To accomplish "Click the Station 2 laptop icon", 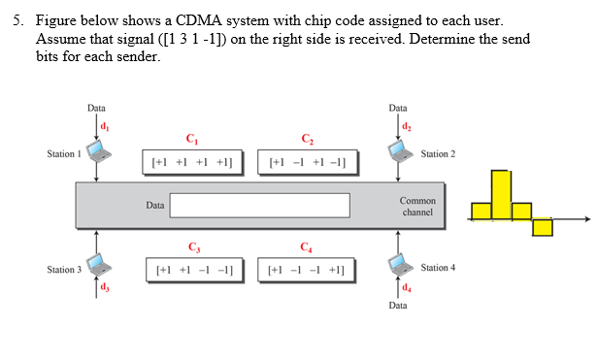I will (x=397, y=151).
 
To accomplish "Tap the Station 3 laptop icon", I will (x=96, y=264).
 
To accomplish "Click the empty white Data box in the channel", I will (x=259, y=205).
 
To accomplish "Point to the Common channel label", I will (x=417, y=206).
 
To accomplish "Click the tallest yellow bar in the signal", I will (x=500, y=194).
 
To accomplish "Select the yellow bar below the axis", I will (x=542, y=226).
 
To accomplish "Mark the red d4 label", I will (x=405, y=287).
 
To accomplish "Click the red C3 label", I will (x=194, y=245).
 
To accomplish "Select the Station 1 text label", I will (x=63, y=154).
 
